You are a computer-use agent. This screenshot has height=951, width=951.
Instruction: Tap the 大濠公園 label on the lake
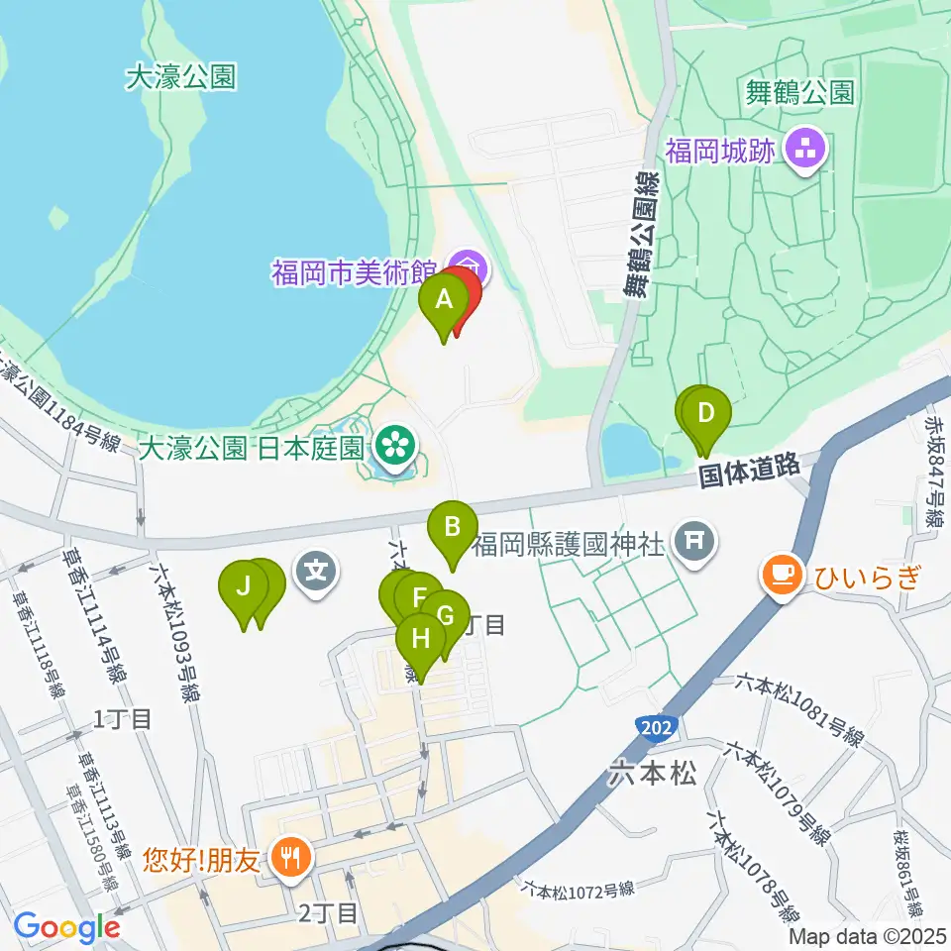coord(181,76)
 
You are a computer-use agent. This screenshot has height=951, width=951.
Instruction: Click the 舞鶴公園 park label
coord(799,93)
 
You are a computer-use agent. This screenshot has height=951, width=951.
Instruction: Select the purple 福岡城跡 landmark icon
coord(802,152)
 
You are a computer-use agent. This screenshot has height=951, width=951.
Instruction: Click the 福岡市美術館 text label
coord(355,272)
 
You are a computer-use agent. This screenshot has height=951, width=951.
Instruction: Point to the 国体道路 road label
coord(749,472)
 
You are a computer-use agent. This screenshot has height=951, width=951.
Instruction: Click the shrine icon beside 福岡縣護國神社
coord(692,541)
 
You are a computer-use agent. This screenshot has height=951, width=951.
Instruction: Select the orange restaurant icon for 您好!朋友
coord(290,854)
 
